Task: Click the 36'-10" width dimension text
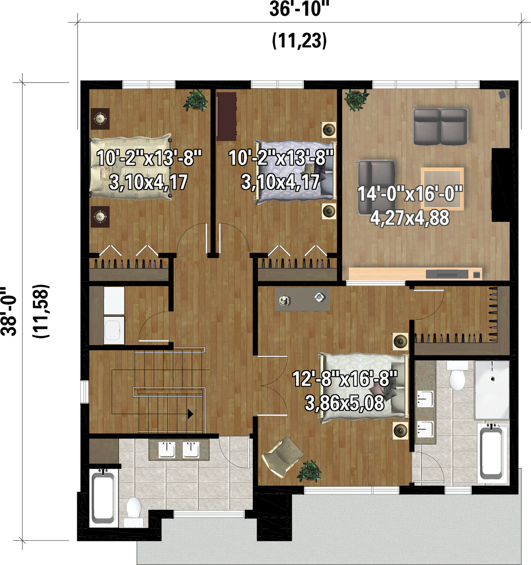[x=299, y=9]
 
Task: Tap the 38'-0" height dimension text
[x=9, y=311]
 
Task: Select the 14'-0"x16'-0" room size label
[x=410, y=194]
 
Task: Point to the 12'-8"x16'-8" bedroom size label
[x=345, y=379]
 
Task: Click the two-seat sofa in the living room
[x=440, y=126]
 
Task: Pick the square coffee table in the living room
[x=442, y=188]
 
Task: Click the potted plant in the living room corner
[x=356, y=99]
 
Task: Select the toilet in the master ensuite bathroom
[x=457, y=377]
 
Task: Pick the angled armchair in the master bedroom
[x=283, y=456]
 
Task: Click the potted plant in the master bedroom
[x=309, y=471]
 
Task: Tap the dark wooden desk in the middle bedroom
[x=227, y=116]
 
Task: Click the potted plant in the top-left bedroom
[x=196, y=100]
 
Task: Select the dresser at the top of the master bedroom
[x=302, y=299]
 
